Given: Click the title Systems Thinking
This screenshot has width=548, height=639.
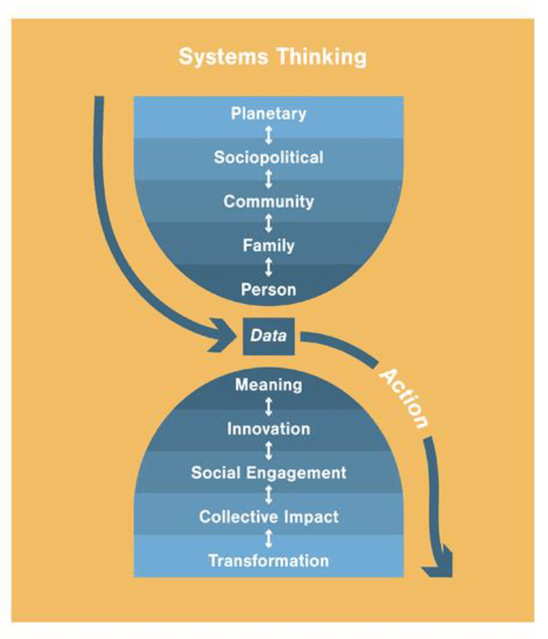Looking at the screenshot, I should (272, 58).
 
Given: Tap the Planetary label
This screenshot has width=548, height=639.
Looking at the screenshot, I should (269, 113).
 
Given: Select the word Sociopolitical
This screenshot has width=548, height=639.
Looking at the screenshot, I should (269, 157).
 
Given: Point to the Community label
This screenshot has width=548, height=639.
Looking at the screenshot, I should (269, 201).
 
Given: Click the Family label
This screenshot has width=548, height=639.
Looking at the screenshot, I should (269, 244).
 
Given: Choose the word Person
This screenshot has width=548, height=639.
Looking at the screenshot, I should (269, 288).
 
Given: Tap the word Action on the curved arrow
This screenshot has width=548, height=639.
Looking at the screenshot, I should (403, 399).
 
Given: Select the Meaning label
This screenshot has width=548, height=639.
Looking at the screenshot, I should (269, 384).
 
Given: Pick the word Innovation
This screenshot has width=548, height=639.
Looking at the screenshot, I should (269, 428).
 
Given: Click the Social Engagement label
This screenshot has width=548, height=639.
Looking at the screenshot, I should (269, 473).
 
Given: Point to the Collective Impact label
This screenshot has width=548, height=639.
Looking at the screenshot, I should (269, 516).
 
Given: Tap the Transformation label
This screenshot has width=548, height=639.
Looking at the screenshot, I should (269, 560).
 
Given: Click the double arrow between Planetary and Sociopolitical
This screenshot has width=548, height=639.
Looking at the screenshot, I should (269, 135).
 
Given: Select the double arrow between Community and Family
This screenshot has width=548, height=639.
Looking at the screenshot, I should (269, 223).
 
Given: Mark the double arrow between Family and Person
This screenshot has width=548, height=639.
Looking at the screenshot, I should (269, 266).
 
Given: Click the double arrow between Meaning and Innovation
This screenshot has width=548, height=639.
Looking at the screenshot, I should (269, 406).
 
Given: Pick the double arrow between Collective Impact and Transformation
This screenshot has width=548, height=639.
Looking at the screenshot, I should (269, 538).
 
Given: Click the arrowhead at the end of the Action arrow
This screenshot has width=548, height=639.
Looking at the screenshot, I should (438, 566).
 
